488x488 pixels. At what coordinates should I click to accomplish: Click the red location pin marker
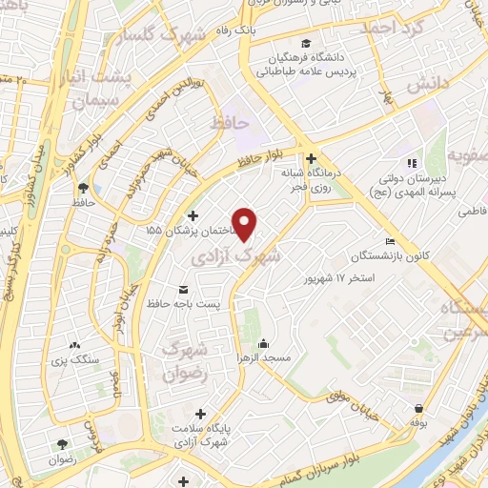[245, 224]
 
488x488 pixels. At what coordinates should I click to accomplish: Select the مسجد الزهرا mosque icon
[263, 344]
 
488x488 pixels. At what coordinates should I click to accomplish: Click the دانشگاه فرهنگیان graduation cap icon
[305, 43]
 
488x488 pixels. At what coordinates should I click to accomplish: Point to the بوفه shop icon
[418, 406]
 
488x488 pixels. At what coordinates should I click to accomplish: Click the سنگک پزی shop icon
[76, 346]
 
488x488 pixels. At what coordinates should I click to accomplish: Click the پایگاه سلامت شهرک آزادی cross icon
[200, 414]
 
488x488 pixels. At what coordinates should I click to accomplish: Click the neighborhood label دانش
[428, 85]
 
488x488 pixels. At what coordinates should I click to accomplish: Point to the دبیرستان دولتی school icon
[413, 163]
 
